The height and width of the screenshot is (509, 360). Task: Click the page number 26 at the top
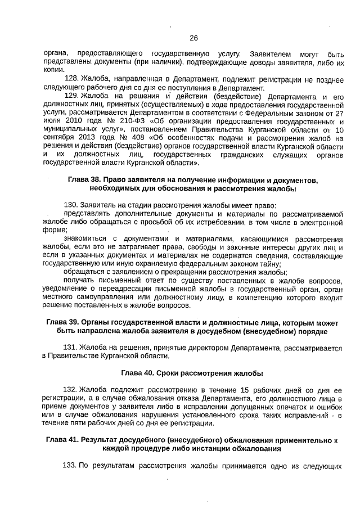(193, 38)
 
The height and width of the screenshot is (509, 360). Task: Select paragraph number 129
(72, 96)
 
